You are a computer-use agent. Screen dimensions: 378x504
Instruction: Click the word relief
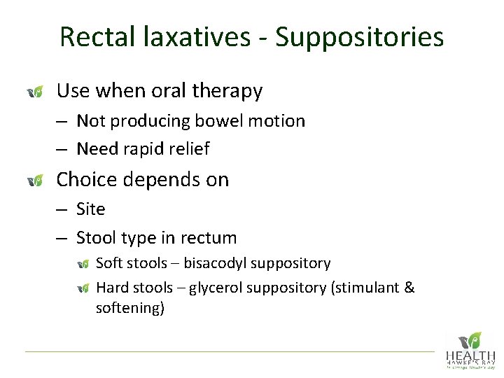click(191, 149)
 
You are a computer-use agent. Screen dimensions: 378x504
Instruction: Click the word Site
click(91, 209)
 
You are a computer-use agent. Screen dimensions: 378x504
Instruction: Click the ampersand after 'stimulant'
click(409, 288)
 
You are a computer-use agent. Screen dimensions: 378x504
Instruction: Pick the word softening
click(129, 308)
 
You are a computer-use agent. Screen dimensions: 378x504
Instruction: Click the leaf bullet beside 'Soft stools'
click(83, 264)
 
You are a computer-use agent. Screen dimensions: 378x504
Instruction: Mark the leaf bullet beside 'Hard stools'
click(83, 288)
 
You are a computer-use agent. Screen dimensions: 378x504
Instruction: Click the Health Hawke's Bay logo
click(470, 350)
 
